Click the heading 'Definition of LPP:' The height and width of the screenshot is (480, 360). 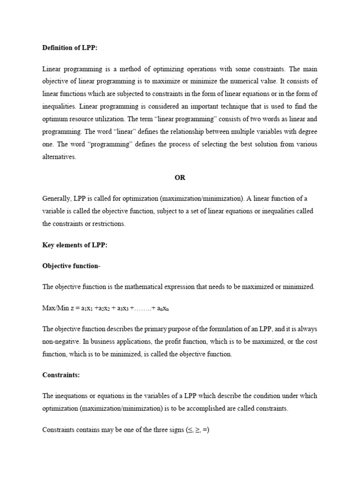coord(70,48)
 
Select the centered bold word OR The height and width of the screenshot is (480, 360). coord(180,178)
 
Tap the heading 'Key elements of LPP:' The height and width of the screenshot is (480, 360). coord(75,245)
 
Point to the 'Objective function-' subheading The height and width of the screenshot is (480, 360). coord(71,266)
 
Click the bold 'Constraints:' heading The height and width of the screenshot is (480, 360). coord(60,375)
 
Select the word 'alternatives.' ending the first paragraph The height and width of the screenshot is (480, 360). coord(59,157)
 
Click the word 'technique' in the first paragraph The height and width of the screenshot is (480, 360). coord(237,107)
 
